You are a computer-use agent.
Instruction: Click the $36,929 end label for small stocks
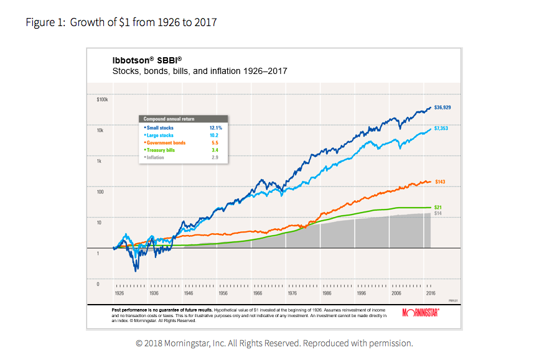(442, 108)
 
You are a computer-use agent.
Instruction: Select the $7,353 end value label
(441, 128)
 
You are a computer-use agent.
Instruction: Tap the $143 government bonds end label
(440, 182)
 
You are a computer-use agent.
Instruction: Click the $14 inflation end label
(437, 213)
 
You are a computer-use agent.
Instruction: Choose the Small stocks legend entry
(159, 127)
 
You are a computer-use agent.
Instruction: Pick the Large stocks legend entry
(159, 135)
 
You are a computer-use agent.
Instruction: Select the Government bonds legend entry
(164, 142)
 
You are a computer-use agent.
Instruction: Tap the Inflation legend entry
(155, 157)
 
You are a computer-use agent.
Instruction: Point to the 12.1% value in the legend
(215, 127)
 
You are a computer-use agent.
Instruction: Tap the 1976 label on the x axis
(291, 292)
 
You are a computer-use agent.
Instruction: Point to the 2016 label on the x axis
(429, 292)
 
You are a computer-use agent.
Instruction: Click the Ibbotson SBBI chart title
(147, 60)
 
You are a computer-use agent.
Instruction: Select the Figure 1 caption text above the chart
(121, 23)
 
